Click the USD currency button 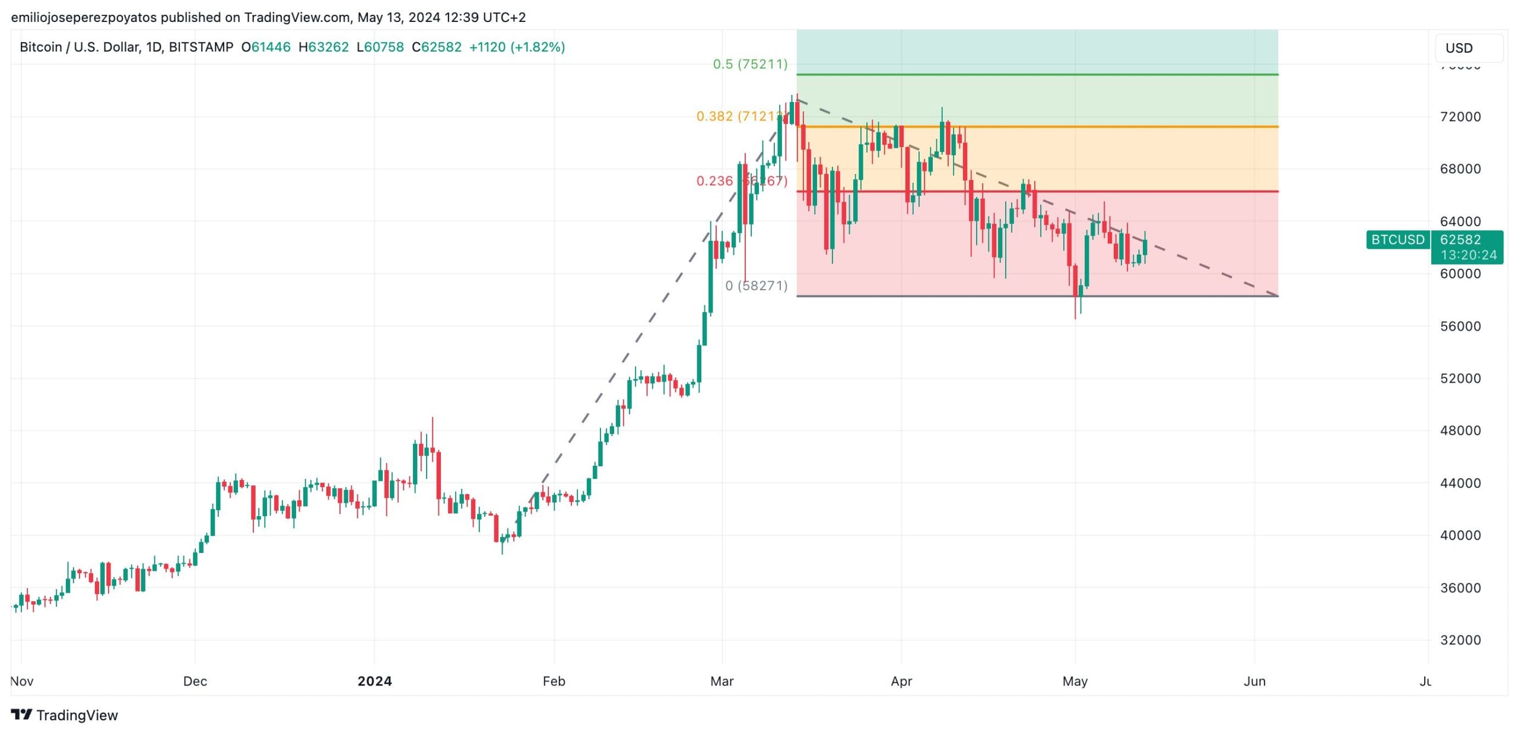pos(1468,48)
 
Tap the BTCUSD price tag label pos(1397,240)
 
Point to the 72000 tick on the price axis pos(1460,117)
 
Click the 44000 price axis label pos(1460,483)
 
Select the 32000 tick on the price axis pos(1460,640)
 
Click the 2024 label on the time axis pos(374,681)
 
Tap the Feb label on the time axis pos(554,681)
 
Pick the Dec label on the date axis pos(195,681)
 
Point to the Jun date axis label pos(1254,681)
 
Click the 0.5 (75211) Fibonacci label pos(750,64)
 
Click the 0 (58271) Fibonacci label pos(756,286)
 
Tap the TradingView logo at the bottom pos(65,715)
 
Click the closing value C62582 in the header pos(437,47)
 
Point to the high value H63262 pos(323,47)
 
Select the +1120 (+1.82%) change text pos(517,47)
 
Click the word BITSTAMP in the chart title pos(201,47)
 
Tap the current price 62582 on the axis pos(1460,240)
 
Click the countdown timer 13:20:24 pos(1468,255)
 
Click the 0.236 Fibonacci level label pos(742,181)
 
